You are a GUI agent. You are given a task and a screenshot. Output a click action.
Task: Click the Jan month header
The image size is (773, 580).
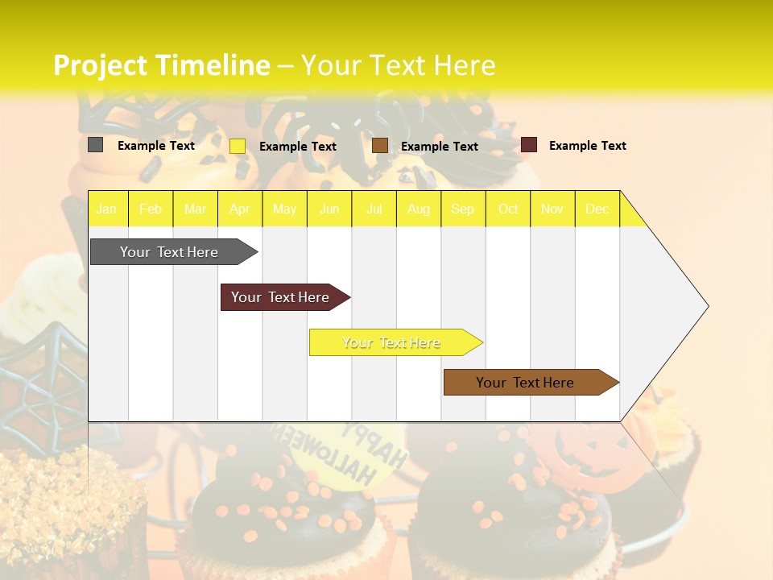(x=106, y=209)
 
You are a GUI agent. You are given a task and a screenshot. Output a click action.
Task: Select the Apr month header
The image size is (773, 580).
(x=240, y=209)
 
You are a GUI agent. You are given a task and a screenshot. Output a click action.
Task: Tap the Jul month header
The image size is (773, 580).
(x=374, y=209)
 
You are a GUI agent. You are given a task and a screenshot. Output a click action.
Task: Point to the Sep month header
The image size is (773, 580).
(x=462, y=209)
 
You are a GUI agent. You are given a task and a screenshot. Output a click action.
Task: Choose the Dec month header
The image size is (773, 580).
(x=597, y=209)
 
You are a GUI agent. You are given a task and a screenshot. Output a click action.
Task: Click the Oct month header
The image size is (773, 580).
(x=508, y=209)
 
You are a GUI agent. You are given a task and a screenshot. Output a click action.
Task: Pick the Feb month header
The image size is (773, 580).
(x=151, y=209)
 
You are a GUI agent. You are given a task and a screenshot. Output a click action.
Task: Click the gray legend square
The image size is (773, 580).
(x=96, y=145)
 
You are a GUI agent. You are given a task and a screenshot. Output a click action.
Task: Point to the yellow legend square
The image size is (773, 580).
(x=238, y=146)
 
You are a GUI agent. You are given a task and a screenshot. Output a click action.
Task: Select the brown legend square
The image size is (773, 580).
(x=380, y=146)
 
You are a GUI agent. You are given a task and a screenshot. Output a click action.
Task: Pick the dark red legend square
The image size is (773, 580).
(x=529, y=145)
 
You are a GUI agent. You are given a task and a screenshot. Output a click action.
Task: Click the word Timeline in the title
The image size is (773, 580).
(x=213, y=65)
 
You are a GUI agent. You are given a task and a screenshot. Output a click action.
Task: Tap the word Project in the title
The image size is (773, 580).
(x=100, y=65)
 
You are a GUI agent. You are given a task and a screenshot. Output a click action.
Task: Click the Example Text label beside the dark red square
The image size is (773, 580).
(x=587, y=146)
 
